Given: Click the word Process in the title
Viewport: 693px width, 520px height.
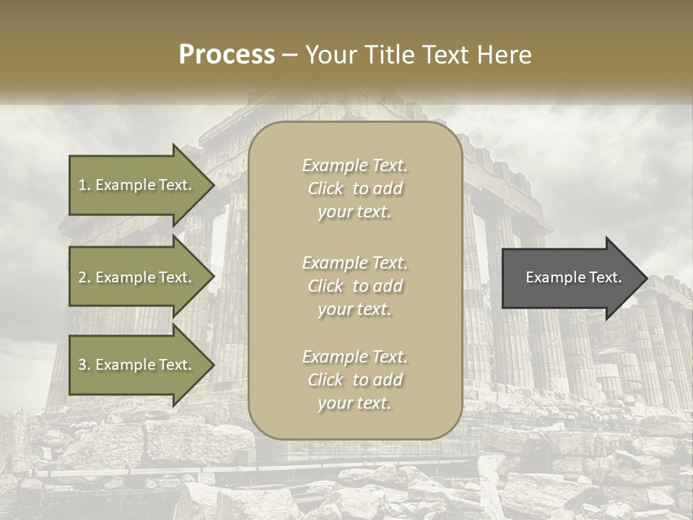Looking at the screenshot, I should click(x=227, y=55).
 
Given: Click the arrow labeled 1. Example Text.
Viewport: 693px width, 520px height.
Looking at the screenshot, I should click(x=137, y=185).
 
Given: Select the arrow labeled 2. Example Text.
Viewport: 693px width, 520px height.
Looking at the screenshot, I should click(x=137, y=277).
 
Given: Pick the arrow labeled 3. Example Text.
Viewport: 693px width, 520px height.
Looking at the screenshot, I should click(x=137, y=365).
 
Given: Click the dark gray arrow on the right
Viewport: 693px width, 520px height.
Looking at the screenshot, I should click(x=570, y=277).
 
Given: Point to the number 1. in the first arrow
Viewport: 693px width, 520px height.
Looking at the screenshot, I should click(x=84, y=185).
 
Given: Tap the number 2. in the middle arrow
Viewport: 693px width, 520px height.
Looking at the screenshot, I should click(x=84, y=277).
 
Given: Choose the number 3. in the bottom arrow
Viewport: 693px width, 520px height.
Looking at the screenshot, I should click(x=84, y=365).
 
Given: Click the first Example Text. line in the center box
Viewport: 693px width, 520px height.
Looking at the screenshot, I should click(x=355, y=166).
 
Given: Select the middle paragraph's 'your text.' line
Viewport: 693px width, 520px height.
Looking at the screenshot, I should click(x=354, y=310).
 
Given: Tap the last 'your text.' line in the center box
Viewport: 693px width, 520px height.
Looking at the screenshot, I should click(x=354, y=404).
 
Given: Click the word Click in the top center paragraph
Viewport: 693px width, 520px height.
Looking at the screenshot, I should click(x=326, y=189).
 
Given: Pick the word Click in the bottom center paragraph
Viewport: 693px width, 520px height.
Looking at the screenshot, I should click(x=326, y=381).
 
